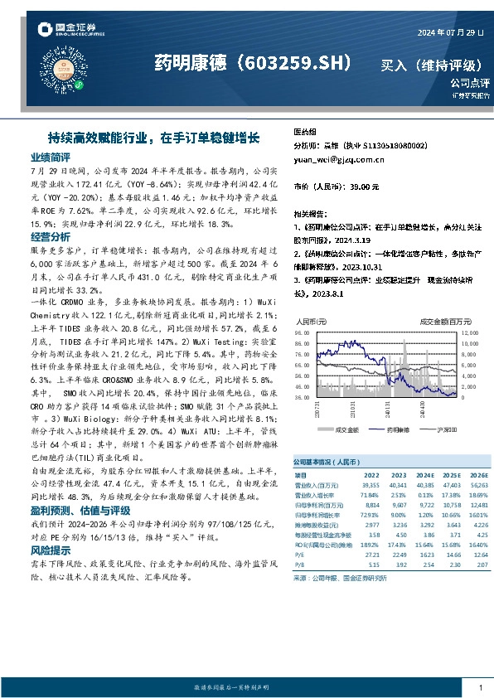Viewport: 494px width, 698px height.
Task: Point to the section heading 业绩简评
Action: click(x=50, y=157)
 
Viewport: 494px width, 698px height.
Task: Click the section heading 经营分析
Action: click(x=50, y=236)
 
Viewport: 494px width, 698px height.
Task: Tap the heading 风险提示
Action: click(x=50, y=550)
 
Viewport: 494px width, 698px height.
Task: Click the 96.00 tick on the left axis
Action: click(x=301, y=332)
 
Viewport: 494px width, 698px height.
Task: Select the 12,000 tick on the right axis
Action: click(x=469, y=332)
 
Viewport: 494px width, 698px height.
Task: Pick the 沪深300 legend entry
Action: click(x=432, y=429)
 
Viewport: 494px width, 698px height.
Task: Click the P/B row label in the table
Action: click(x=301, y=563)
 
